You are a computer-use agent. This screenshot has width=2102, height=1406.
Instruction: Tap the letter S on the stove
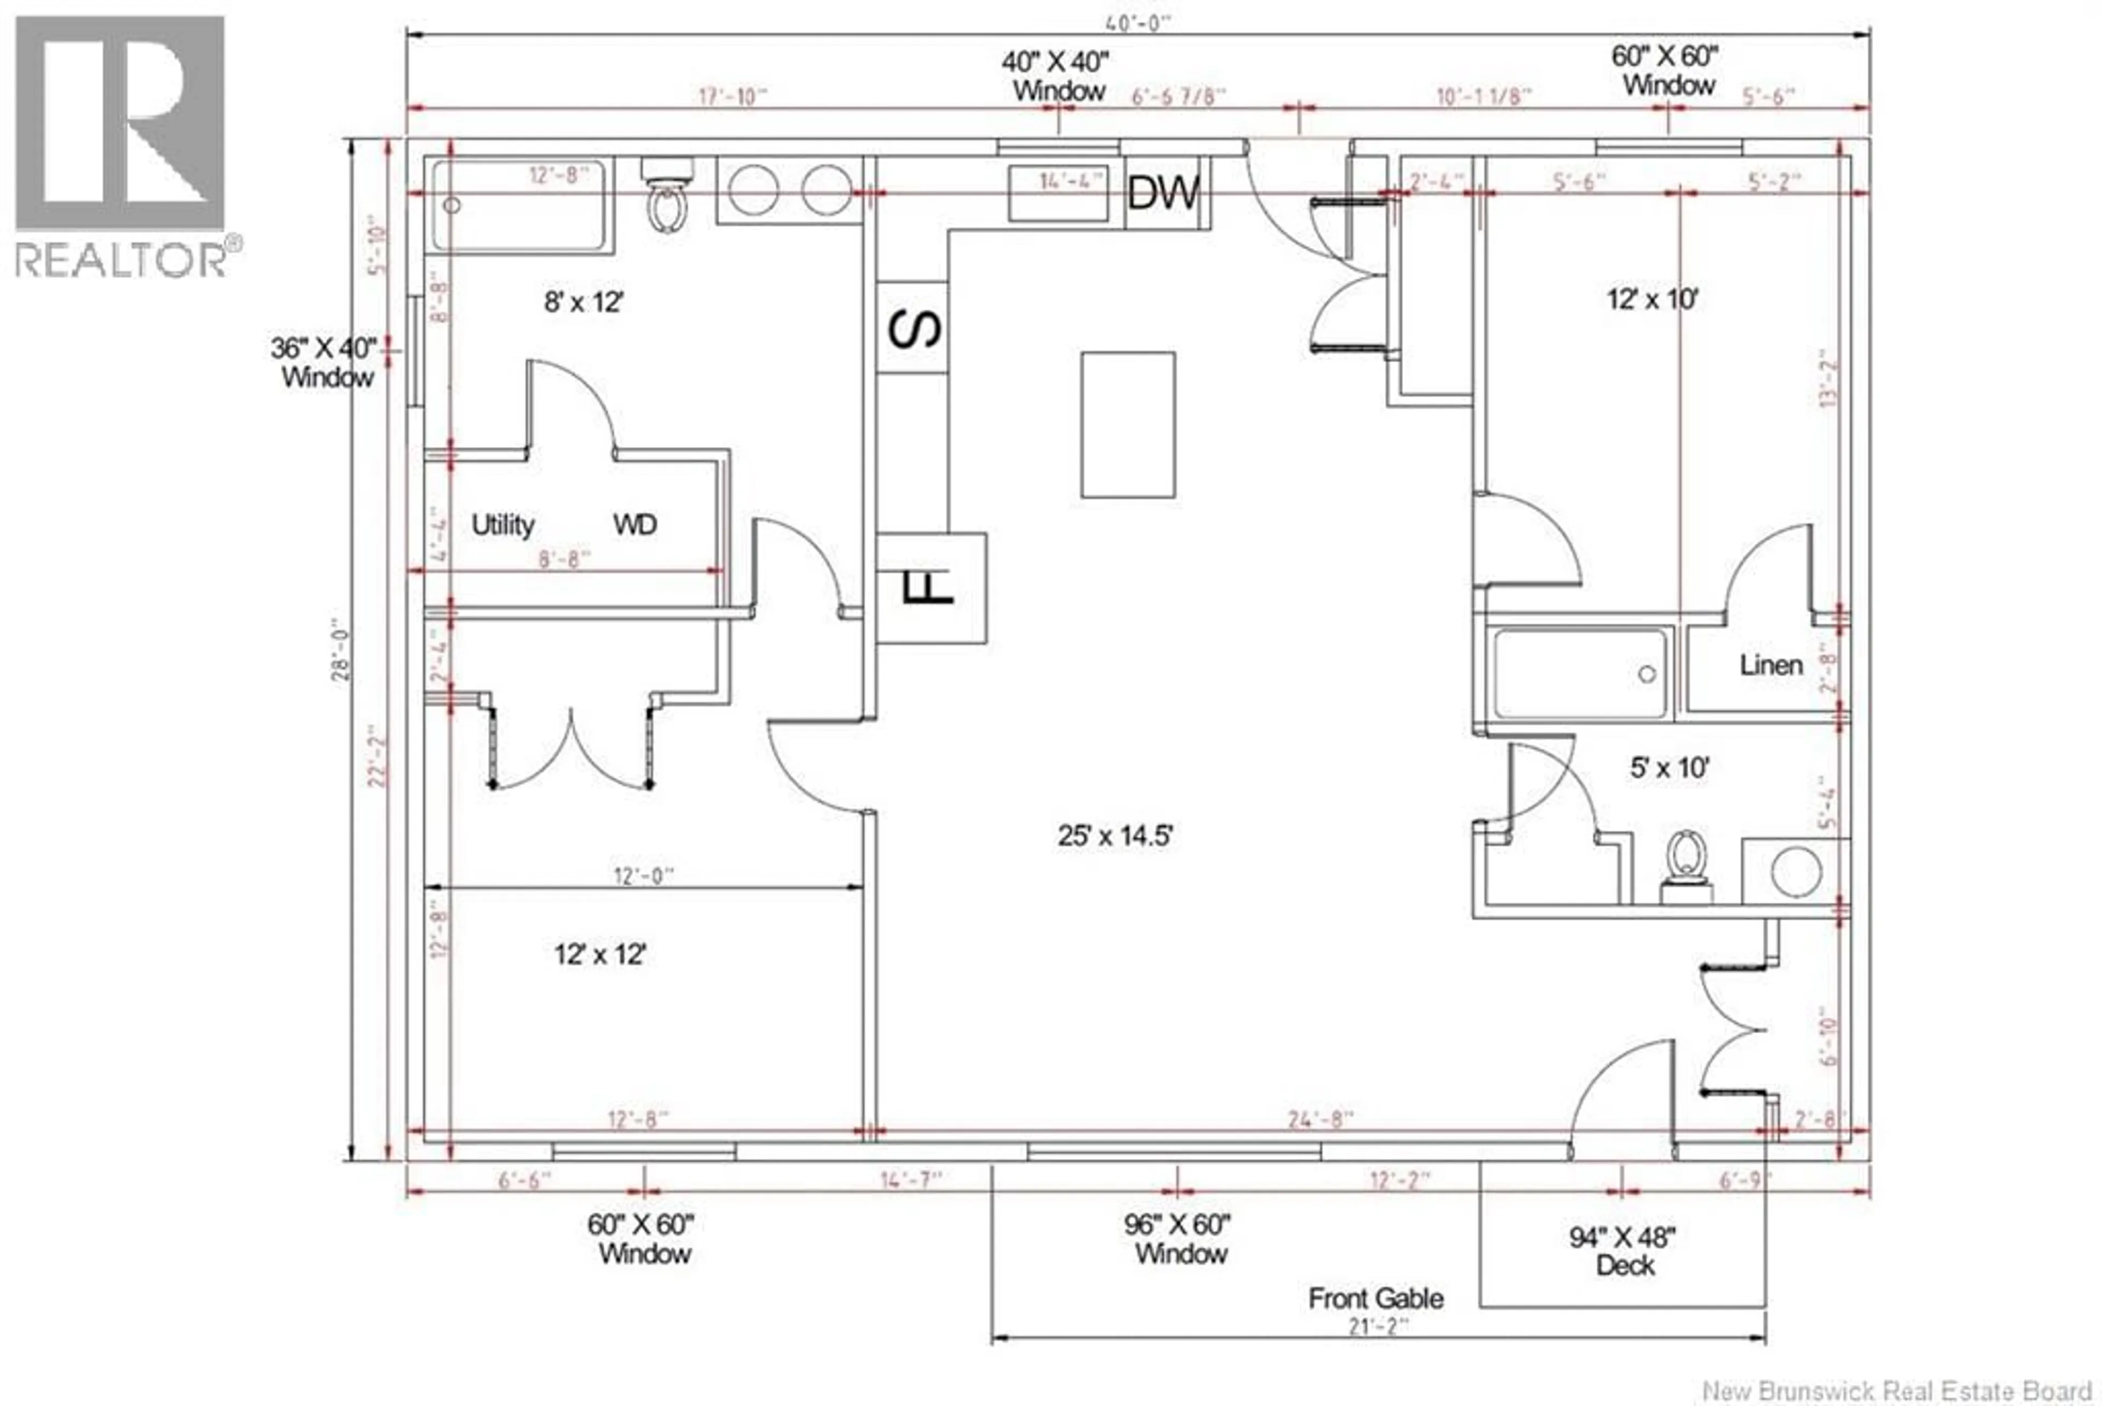[x=914, y=328]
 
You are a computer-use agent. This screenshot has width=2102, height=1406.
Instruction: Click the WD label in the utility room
[x=635, y=524]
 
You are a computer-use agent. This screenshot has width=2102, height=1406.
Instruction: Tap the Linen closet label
[x=1770, y=666]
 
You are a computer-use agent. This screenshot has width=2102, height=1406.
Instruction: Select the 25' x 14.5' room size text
[x=1114, y=836]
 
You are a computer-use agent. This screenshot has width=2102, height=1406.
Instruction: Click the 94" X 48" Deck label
[x=1621, y=1251]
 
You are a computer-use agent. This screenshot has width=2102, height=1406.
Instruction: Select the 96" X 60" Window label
[x=1179, y=1239]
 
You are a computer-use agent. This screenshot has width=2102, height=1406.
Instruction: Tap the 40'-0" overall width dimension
[x=1139, y=24]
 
